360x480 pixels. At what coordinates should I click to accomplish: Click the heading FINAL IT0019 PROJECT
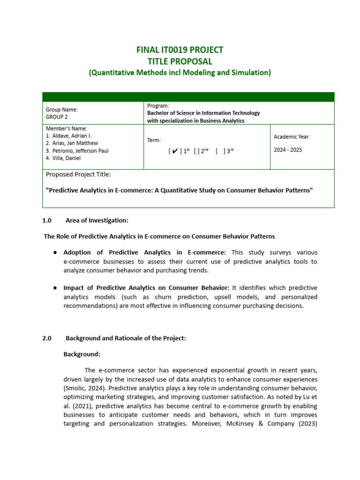tap(180, 50)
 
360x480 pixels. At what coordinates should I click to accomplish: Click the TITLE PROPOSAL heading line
tap(180, 61)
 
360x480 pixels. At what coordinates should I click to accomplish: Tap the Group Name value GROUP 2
tap(57, 117)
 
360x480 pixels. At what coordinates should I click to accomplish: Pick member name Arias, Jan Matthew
tap(75, 143)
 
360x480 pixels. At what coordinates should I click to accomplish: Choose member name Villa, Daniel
tap(68, 158)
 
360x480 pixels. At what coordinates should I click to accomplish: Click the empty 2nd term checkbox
tap(197, 151)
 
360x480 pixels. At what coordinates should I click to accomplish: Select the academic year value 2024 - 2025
tap(288, 150)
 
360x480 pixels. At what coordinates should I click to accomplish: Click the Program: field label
tap(158, 106)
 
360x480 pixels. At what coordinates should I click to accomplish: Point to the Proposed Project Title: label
tap(78, 175)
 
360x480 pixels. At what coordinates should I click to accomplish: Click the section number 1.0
tap(46, 220)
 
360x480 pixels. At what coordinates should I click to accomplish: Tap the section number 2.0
tap(46, 338)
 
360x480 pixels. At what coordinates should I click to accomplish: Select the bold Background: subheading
tap(82, 354)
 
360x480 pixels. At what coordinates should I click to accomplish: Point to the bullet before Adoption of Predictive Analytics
tap(55, 253)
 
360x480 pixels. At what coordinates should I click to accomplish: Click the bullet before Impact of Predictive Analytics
tap(55, 288)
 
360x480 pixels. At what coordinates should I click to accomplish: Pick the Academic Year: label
tap(292, 137)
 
